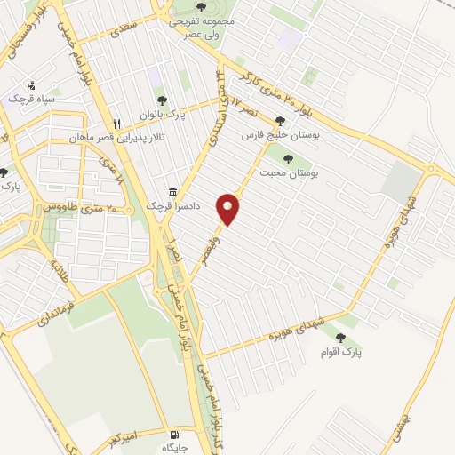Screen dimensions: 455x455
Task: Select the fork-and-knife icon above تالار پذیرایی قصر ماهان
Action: click(x=116, y=124)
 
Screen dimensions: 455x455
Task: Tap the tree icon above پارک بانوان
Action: click(x=161, y=101)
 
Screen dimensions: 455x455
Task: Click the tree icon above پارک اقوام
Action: click(x=341, y=338)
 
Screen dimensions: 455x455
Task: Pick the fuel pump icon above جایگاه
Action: click(x=173, y=436)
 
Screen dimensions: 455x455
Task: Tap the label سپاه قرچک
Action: click(x=31, y=99)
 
